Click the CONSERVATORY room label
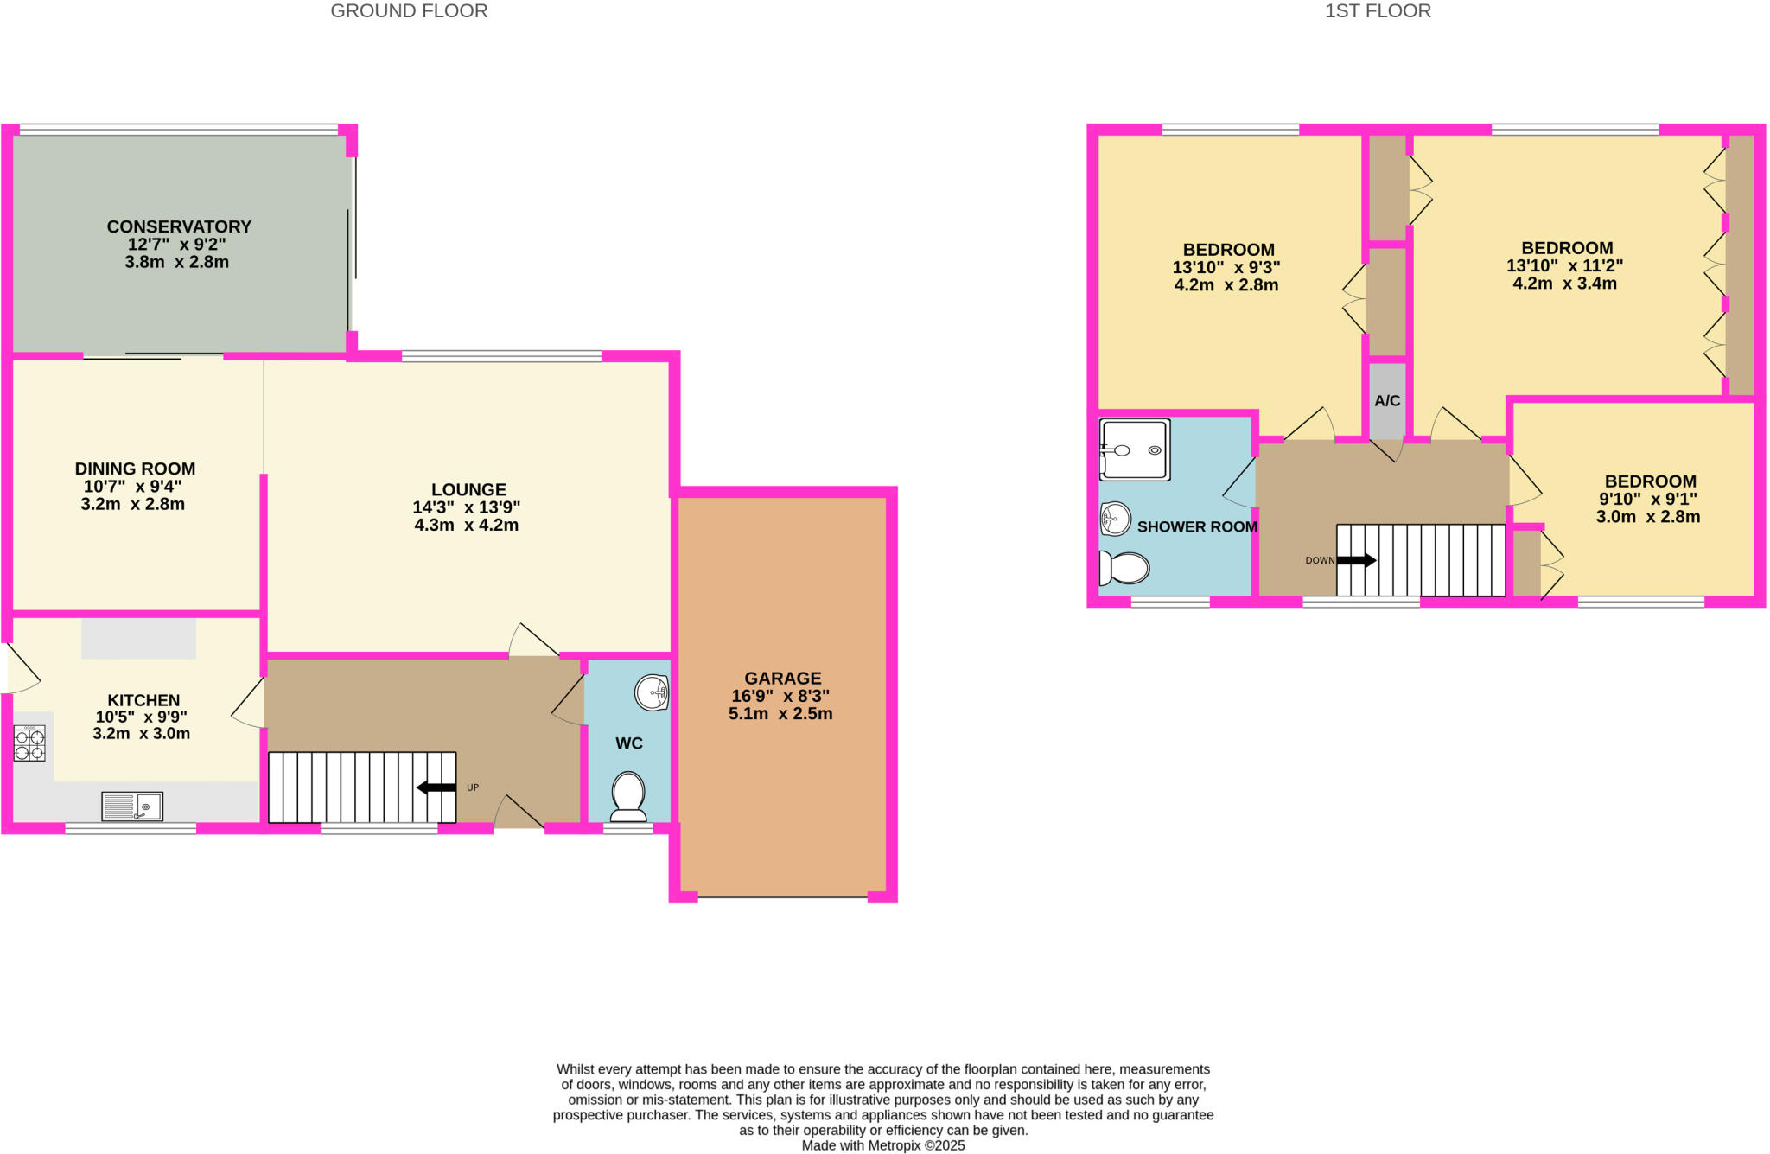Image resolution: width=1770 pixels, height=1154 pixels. (179, 226)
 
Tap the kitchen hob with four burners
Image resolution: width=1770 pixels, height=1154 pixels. (29, 745)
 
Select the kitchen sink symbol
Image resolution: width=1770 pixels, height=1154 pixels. (132, 807)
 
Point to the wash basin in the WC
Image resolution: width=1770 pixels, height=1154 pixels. (652, 692)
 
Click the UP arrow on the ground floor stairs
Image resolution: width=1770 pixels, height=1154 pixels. (436, 787)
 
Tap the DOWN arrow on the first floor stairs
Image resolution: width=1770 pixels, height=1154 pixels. (1356, 560)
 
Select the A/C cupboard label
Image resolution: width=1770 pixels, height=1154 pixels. (1387, 401)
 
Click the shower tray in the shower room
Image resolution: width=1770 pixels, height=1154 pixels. (1135, 449)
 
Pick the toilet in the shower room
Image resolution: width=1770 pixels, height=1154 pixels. (1124, 569)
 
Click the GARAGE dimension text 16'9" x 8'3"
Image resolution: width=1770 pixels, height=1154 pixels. (780, 696)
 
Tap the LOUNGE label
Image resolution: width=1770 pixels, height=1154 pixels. (468, 489)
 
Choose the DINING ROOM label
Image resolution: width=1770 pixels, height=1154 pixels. (135, 469)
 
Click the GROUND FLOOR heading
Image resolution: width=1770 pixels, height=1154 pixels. (409, 11)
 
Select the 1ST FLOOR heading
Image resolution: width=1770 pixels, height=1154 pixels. (1378, 11)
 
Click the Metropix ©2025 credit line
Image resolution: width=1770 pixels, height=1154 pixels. (882, 1145)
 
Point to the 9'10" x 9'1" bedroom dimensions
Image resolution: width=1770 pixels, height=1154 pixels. (1647, 499)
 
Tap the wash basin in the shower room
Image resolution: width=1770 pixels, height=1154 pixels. (1116, 520)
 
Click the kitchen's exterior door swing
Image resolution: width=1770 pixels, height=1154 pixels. (22, 669)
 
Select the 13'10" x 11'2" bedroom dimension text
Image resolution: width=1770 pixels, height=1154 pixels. (1564, 265)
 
